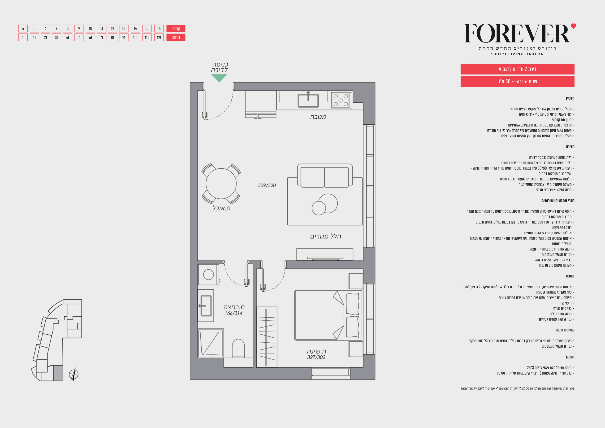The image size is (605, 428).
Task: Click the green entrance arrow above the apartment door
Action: pos(219,78)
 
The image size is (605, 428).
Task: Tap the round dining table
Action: pos(221,183)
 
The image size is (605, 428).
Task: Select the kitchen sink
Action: pos(308,100)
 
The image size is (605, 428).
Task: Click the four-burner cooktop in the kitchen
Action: pos(341,100)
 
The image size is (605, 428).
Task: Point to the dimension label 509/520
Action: pos(267,185)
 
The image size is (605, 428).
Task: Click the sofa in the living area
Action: pos(325,176)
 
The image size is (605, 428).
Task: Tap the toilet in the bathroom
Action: pos(238,348)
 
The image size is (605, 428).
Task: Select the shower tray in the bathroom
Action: pos(211,343)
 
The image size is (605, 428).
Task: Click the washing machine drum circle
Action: pos(208,275)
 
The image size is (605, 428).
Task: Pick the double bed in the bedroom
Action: pos(328,315)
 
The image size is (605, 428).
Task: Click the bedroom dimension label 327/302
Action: pos(316,357)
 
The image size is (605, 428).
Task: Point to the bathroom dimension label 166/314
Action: pos(233,313)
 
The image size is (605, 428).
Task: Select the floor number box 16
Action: pos(159,28)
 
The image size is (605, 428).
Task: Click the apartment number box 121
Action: pos(159,37)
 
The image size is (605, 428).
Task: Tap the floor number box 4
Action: pos(23,28)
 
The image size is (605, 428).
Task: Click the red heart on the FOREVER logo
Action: pos(573,26)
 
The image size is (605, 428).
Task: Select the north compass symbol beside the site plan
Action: pos(73,374)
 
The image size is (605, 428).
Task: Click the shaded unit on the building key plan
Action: pos(58,373)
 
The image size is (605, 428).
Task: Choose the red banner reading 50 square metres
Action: pos(518,82)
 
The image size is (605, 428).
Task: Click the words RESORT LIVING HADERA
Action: pos(516,54)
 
